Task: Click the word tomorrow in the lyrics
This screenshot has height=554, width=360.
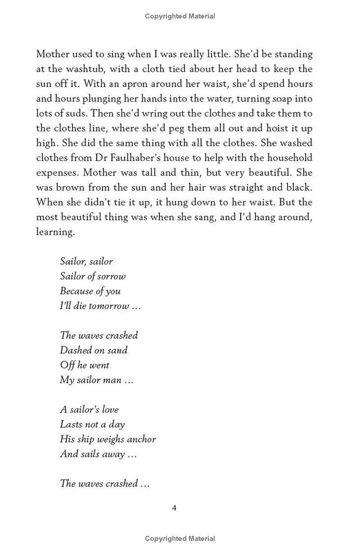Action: point(108,306)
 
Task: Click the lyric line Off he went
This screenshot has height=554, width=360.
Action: point(84,365)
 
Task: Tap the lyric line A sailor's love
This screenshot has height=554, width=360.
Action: point(89,409)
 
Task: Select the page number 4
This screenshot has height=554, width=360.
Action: point(174,508)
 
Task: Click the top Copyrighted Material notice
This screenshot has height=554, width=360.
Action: point(180,16)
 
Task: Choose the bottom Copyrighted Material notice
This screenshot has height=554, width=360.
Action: point(180,538)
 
